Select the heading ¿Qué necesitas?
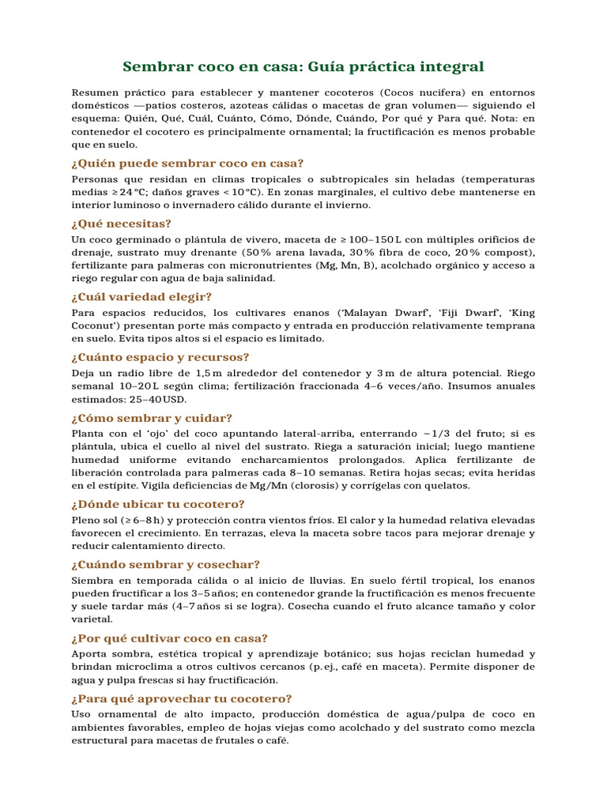(121, 223)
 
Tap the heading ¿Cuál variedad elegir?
(141, 296)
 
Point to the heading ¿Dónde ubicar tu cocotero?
(158, 503)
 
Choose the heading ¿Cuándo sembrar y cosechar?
(165, 564)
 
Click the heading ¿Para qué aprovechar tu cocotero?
(182, 698)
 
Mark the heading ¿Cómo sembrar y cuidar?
(152, 418)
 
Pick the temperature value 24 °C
(134, 192)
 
